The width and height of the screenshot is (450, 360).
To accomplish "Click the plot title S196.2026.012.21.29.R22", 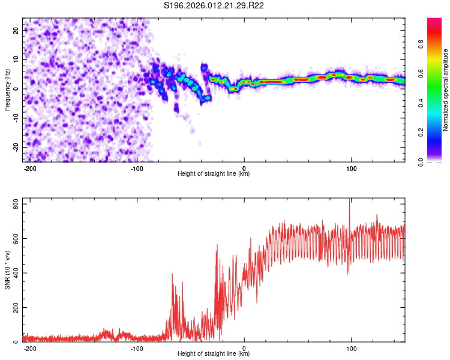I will (x=214, y=6).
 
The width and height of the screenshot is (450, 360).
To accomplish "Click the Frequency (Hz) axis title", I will (x=8, y=90).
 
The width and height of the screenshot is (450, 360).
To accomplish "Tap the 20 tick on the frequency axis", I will (x=17, y=29).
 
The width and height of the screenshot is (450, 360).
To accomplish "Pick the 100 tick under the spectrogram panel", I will (x=351, y=168).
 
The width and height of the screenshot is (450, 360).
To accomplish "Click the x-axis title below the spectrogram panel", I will (x=214, y=174).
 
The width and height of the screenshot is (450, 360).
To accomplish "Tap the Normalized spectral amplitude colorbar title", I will (x=445, y=90).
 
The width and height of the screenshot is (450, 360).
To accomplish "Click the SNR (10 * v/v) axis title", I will (x=8, y=270).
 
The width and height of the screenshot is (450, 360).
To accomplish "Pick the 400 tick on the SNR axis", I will (x=14, y=273).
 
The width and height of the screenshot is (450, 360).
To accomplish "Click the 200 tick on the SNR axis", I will (x=14, y=307).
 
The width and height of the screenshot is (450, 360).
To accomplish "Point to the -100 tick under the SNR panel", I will (x=137, y=348).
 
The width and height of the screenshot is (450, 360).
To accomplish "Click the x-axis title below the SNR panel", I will (x=214, y=354).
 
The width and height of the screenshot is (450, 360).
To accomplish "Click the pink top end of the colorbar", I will (x=434, y=21).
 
